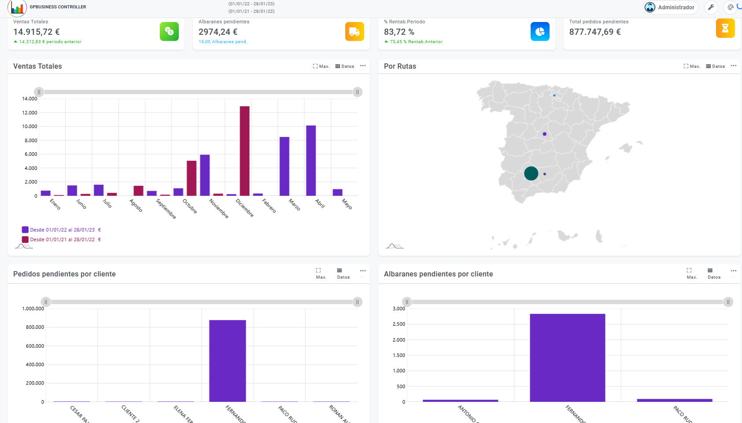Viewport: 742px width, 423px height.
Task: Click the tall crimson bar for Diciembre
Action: tap(244, 151)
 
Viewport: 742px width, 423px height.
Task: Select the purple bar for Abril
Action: tap(311, 161)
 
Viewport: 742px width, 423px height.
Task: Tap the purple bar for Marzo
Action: tap(284, 166)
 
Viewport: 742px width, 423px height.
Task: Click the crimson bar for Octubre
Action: tap(192, 178)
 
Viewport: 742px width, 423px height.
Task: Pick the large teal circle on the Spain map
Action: tap(531, 173)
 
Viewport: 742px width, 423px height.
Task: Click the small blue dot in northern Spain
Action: tap(554, 96)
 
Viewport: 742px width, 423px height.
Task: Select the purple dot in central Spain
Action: tap(545, 134)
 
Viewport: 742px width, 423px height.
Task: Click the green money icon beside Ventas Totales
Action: tap(169, 31)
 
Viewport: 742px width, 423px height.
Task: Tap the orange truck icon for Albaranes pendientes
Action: tap(354, 31)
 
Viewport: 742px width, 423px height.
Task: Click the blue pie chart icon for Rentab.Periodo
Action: tap(540, 31)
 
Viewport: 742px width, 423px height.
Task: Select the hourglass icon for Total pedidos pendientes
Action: tap(725, 28)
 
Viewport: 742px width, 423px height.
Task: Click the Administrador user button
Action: tap(670, 7)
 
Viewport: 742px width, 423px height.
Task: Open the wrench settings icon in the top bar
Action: tap(711, 7)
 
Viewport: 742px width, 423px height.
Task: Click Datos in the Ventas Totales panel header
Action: tap(345, 66)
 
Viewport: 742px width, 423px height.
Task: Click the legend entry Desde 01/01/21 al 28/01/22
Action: tap(62, 239)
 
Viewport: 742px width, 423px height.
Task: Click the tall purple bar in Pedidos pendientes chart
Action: tap(227, 361)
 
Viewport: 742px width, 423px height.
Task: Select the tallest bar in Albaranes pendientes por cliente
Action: tap(567, 357)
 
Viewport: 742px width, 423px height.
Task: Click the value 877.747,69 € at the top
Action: tap(595, 32)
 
